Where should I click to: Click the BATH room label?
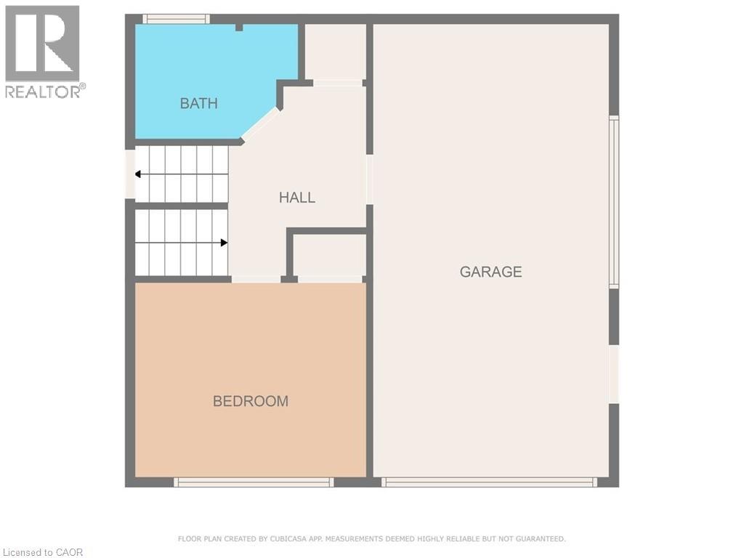(x=198, y=103)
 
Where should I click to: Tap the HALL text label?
(x=297, y=198)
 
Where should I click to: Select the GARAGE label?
(x=490, y=272)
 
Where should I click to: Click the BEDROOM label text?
(x=250, y=401)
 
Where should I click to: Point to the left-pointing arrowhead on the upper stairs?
(x=138, y=174)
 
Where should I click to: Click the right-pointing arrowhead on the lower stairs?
(x=225, y=243)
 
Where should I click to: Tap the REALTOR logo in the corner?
(x=43, y=51)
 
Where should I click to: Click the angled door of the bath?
(x=260, y=124)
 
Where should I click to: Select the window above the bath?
(x=176, y=19)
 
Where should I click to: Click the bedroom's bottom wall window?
(x=254, y=482)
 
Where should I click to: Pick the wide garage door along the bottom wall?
(x=489, y=482)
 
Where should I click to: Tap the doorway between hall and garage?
(x=369, y=179)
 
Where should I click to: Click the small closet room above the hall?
(x=334, y=52)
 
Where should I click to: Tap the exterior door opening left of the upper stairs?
(x=130, y=174)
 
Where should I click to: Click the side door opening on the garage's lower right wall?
(x=614, y=373)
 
